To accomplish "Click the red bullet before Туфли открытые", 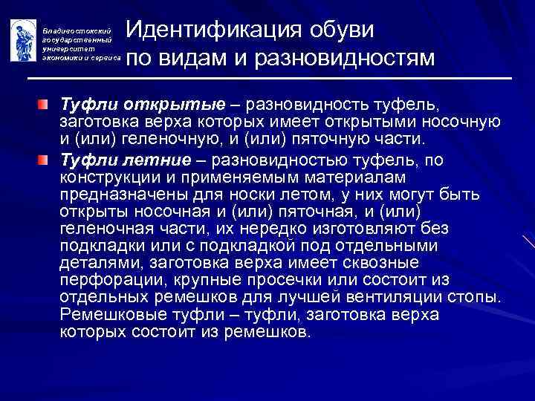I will [x=48, y=100].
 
